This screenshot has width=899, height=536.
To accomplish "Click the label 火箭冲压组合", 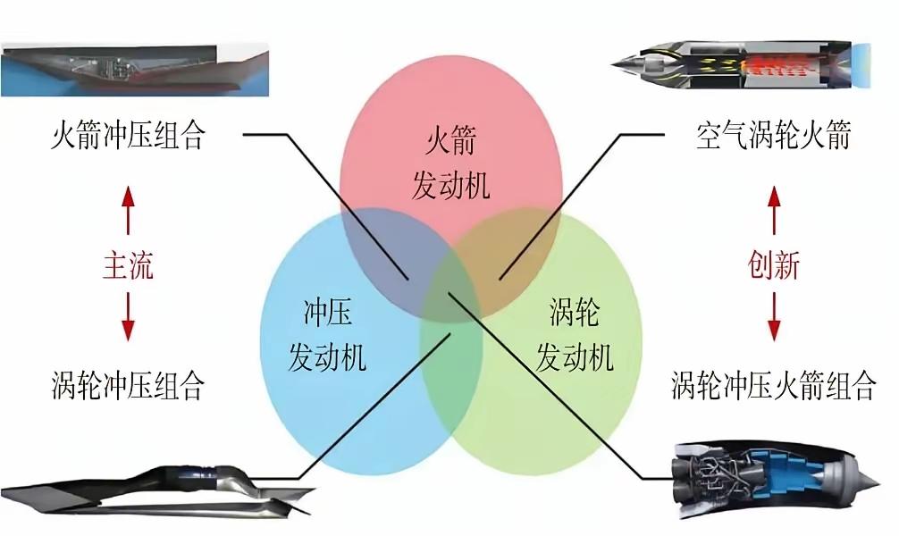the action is coord(128,135).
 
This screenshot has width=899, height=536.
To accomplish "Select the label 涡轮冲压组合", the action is coord(128,385).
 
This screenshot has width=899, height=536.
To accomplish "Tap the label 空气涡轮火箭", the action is coord(773,135).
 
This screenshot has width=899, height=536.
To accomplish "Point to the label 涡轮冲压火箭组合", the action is coord(774,385).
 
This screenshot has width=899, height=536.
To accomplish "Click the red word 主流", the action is coord(128,266).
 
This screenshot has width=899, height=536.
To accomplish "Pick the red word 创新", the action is coord(773,266).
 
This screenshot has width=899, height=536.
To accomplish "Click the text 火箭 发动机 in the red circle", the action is coord(450,163).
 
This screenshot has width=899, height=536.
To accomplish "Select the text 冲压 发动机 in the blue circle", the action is coord(327,335).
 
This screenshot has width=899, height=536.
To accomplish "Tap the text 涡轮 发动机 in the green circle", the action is coord(575,335).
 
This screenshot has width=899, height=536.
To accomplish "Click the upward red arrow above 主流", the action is coord(128,210).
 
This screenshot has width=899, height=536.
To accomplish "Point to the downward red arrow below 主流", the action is coord(128,317).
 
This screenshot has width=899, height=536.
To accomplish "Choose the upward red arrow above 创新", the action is coord(774,210).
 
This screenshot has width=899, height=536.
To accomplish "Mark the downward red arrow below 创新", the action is coord(774,317).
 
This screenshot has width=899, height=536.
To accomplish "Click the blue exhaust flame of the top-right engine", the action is coord(861,65).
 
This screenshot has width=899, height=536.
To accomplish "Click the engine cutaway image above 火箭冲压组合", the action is coord(135,70).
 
